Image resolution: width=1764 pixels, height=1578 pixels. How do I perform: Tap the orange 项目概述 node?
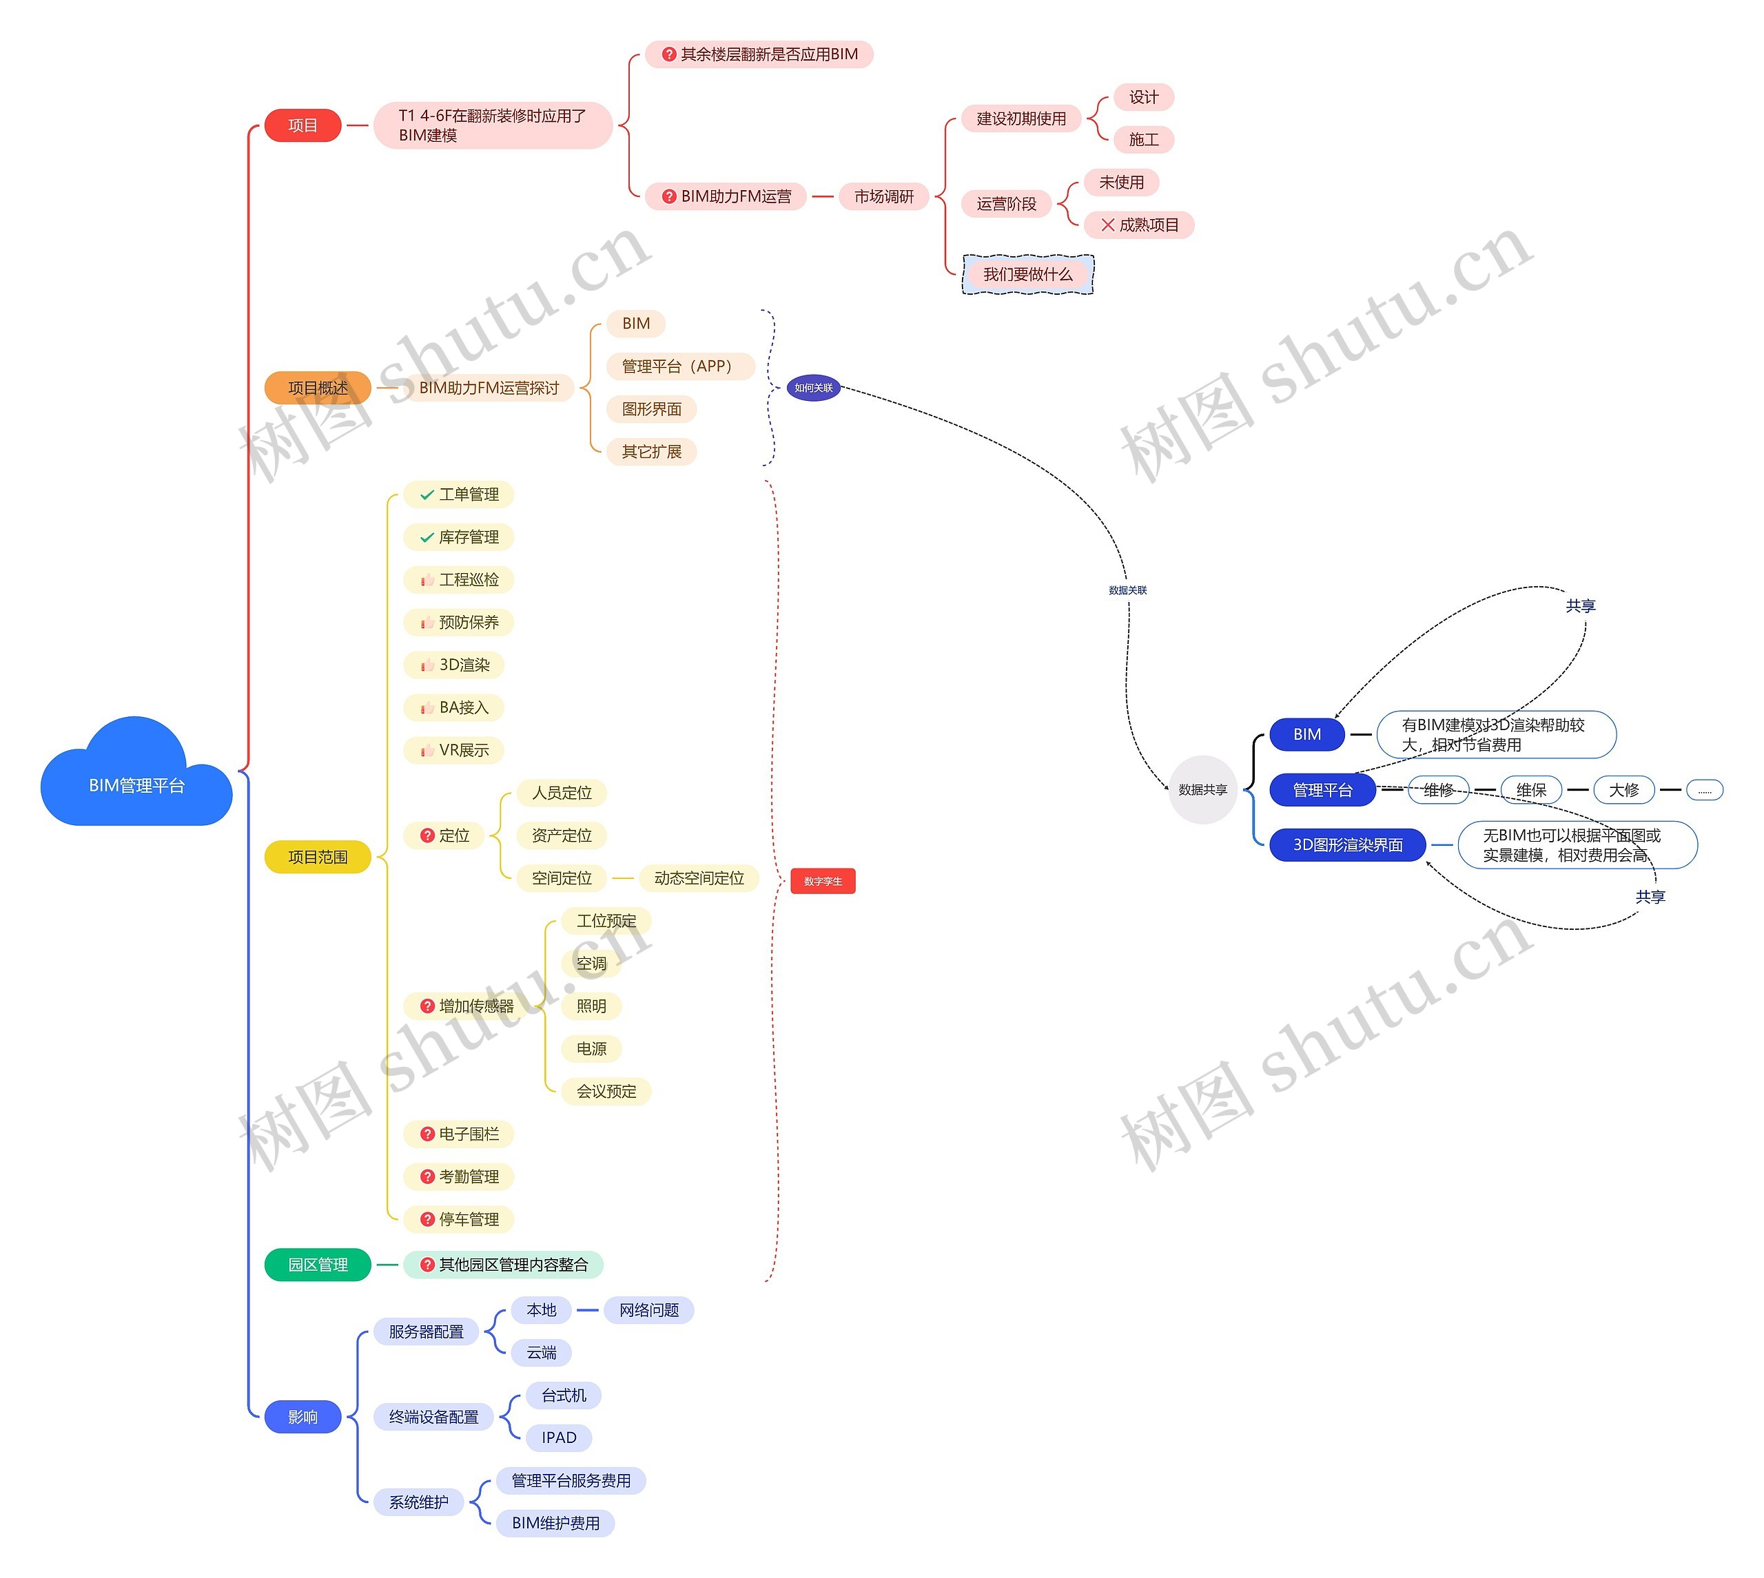click(x=318, y=388)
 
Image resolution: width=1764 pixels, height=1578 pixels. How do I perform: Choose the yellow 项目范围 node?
click(x=318, y=857)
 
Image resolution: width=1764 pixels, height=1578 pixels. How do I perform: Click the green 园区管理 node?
click(x=318, y=1264)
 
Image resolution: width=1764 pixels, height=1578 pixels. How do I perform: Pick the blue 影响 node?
click(x=302, y=1417)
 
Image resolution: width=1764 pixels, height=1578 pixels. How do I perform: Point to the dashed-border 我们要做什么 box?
click(x=1027, y=274)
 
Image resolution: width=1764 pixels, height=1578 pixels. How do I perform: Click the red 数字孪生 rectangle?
click(x=822, y=881)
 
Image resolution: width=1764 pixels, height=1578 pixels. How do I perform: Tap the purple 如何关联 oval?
click(x=814, y=388)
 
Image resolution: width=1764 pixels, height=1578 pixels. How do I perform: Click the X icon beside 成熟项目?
click(x=1107, y=225)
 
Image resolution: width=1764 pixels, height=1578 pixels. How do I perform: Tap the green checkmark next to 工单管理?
click(x=427, y=495)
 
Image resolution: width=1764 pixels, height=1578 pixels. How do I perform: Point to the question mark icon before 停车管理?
click(x=427, y=1219)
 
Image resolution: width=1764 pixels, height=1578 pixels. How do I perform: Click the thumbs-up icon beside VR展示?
click(x=427, y=750)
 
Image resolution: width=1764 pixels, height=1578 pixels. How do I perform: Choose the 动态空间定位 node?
click(x=699, y=878)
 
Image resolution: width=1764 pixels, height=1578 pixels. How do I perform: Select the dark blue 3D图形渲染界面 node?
click(x=1347, y=844)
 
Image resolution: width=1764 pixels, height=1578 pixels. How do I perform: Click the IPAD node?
click(x=559, y=1437)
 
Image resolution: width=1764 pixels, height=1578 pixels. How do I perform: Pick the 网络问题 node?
click(x=648, y=1310)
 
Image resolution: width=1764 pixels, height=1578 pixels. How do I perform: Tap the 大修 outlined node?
click(x=1623, y=790)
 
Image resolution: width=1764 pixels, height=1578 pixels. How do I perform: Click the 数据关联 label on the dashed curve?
click(x=1127, y=590)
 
